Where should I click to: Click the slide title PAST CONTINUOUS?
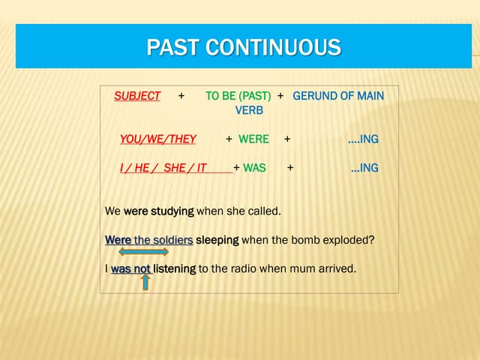(244, 48)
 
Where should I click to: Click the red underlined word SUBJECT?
(137, 96)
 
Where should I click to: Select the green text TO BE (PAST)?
(238, 96)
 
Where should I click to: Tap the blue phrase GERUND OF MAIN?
(337, 96)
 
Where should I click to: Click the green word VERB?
(249, 110)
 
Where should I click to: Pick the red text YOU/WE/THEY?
(157, 139)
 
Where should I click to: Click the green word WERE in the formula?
(253, 139)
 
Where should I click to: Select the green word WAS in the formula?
(254, 168)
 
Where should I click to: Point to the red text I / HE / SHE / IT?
(163, 168)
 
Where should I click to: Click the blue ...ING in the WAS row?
(364, 168)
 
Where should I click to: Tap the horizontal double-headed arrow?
(143, 252)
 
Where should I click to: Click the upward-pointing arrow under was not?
(145, 281)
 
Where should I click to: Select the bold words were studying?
(158, 211)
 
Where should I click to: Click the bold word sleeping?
(217, 240)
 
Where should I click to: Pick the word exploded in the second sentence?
(346, 240)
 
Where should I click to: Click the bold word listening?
(175, 268)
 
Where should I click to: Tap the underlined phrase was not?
(130, 268)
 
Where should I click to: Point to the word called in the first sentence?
(263, 211)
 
